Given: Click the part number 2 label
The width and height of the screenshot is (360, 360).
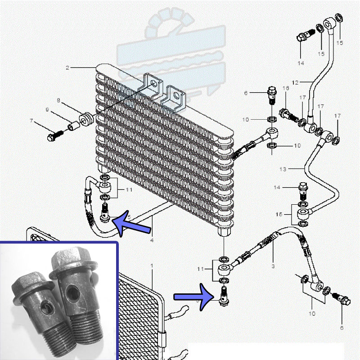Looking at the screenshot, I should click(67, 68).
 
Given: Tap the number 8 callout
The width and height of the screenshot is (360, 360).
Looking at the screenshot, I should click(58, 100).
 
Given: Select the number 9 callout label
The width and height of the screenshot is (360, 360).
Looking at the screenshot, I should click(47, 109).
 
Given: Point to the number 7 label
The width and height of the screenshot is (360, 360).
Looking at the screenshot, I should click(31, 121).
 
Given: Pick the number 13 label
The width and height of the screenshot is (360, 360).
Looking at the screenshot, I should click(283, 169).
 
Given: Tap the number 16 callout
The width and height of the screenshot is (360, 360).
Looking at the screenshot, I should click(285, 88).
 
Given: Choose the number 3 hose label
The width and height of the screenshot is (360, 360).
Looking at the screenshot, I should click(273, 266).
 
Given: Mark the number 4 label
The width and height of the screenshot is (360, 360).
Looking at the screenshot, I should click(152, 240).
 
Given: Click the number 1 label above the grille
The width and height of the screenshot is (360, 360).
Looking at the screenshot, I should click(152, 266).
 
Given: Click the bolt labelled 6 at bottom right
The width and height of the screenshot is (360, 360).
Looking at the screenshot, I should click(342, 300).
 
